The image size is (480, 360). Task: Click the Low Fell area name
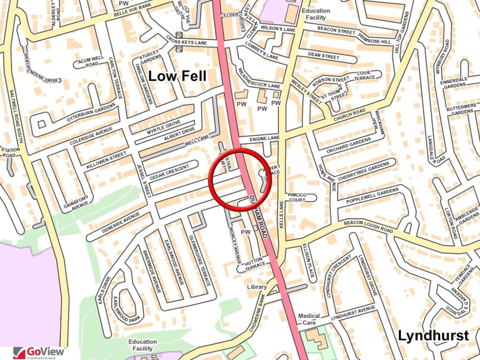(x=177, y=76)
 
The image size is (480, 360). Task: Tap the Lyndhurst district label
(x=433, y=336)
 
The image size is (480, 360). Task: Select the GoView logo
(x=40, y=352)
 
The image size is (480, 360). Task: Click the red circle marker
(x=240, y=180)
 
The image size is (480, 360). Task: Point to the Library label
(x=257, y=287)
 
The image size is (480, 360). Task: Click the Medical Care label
(x=309, y=319)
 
